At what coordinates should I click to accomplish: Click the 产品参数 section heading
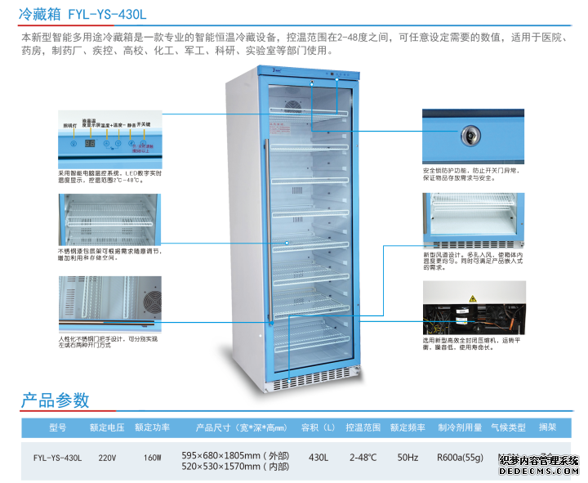(55, 400)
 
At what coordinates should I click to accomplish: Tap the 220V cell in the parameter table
(106, 457)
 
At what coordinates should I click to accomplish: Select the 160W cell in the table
(152, 457)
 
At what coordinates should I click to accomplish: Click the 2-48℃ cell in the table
(363, 457)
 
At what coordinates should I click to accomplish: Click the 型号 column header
(57, 427)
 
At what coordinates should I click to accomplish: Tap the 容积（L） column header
(318, 427)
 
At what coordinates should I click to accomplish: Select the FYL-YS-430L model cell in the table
(57, 457)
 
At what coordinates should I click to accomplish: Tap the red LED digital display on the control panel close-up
(91, 143)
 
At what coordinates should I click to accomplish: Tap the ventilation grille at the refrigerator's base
(314, 383)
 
